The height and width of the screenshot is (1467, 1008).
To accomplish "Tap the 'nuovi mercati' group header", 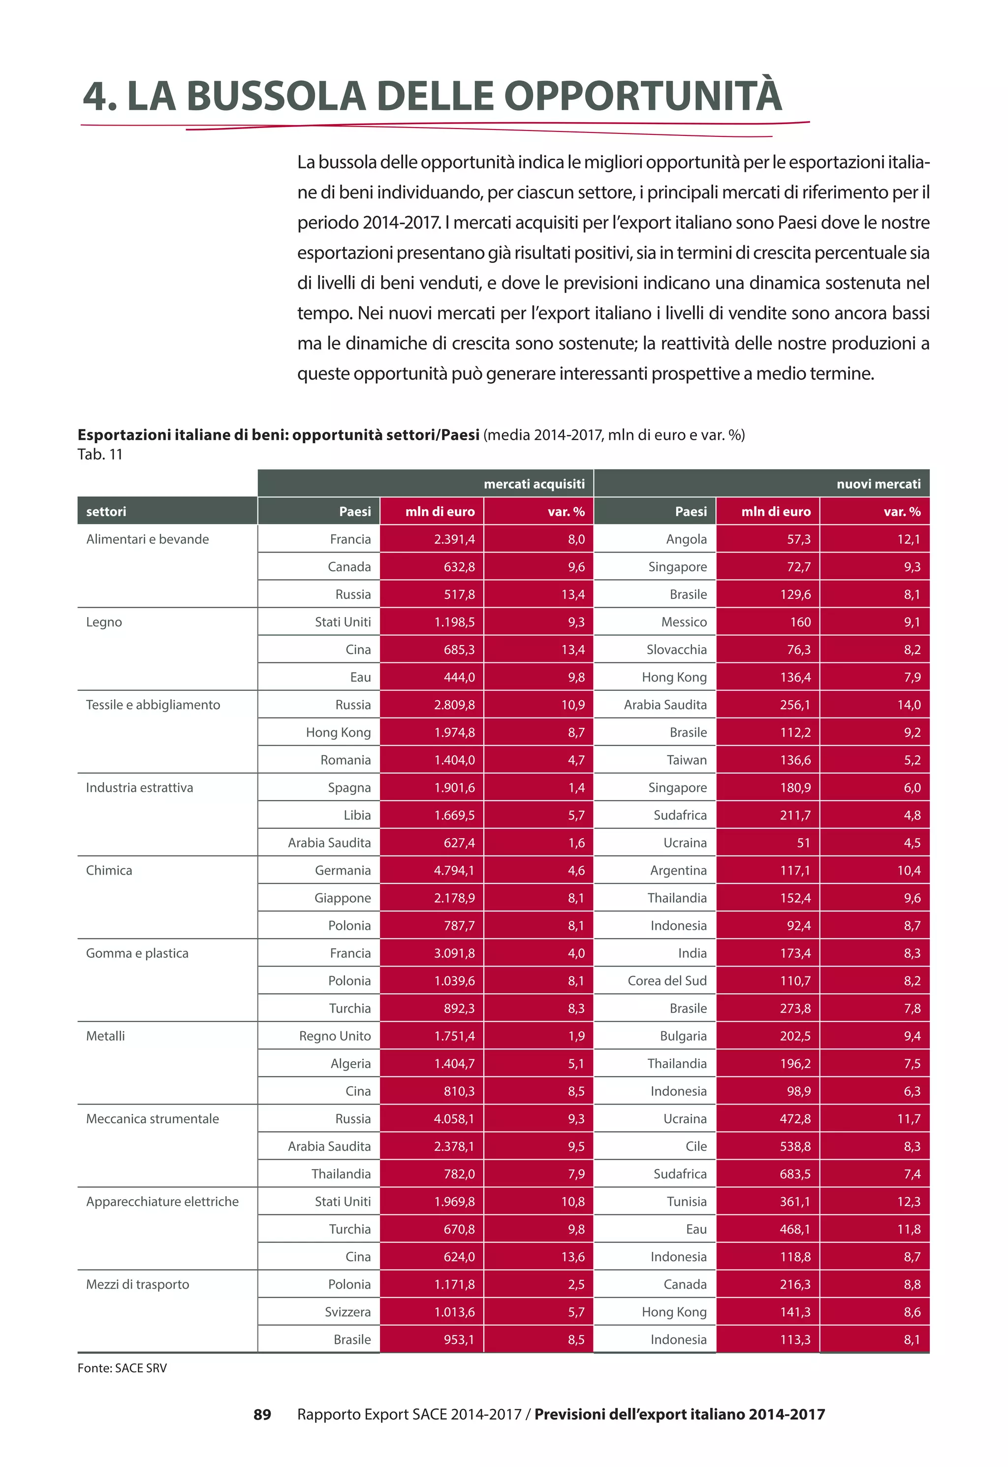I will [878, 484].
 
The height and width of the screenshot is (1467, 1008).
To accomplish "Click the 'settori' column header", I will [106, 511].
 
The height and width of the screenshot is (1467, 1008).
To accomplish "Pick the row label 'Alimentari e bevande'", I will [147, 539].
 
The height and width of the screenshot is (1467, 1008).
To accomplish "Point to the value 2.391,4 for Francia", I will [454, 539].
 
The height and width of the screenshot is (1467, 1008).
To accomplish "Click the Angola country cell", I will [686, 539].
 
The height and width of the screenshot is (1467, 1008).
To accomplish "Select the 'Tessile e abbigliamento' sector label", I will [153, 704].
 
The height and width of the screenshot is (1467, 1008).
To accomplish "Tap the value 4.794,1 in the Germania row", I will [454, 870].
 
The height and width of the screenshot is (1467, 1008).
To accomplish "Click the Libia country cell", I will [357, 815].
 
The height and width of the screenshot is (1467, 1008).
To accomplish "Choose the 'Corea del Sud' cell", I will [667, 980].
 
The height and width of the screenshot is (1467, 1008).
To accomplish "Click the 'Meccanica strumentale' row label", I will [152, 1118].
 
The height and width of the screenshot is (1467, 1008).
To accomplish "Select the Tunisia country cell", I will [687, 1201].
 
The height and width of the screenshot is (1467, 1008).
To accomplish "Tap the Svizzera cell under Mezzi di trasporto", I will [347, 1311].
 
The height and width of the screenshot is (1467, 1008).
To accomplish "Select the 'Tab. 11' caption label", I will [100, 454].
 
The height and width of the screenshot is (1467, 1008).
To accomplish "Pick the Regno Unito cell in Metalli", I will [335, 1036].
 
